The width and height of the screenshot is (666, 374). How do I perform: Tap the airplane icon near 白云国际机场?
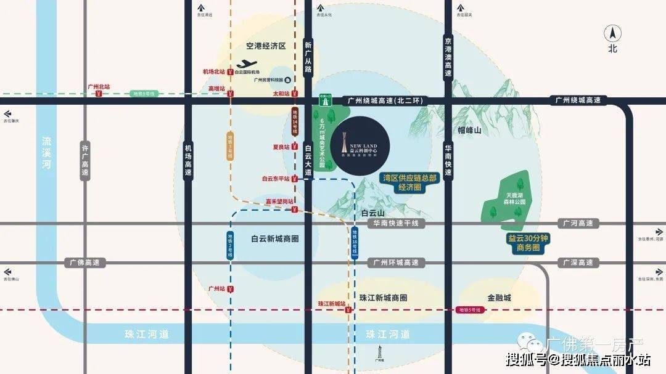[247, 63]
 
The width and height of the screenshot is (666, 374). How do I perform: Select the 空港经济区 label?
[266, 46]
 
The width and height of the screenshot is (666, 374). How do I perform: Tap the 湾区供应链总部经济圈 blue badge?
[409, 182]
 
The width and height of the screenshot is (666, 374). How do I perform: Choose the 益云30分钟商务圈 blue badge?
[528, 243]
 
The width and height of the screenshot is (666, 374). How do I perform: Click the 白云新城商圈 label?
[275, 238]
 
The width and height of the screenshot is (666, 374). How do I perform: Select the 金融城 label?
[499, 298]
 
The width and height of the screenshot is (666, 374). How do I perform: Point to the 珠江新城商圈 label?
[384, 298]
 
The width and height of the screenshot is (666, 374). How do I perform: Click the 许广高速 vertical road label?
[86, 160]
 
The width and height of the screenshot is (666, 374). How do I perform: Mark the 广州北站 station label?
[99, 87]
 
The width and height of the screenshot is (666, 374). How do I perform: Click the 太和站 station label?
[281, 94]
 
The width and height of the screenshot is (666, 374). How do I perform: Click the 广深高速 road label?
[580, 262]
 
